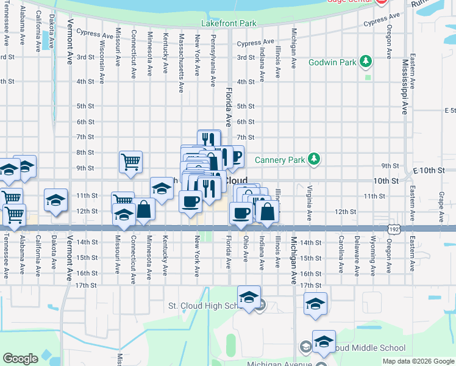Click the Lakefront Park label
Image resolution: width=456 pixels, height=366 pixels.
pyautogui.click(x=229, y=24)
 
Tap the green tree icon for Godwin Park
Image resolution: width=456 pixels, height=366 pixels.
pyautogui.click(x=366, y=61)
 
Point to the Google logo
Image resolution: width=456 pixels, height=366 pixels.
pyautogui.click(x=20, y=358)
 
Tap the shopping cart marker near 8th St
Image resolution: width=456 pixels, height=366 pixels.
pyautogui.click(x=130, y=162)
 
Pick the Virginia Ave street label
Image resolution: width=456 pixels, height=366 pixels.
pyautogui.click(x=309, y=203)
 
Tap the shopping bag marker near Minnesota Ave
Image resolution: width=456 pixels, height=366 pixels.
pyautogui.click(x=144, y=209)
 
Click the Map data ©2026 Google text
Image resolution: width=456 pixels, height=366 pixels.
pyautogui.click(x=418, y=361)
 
